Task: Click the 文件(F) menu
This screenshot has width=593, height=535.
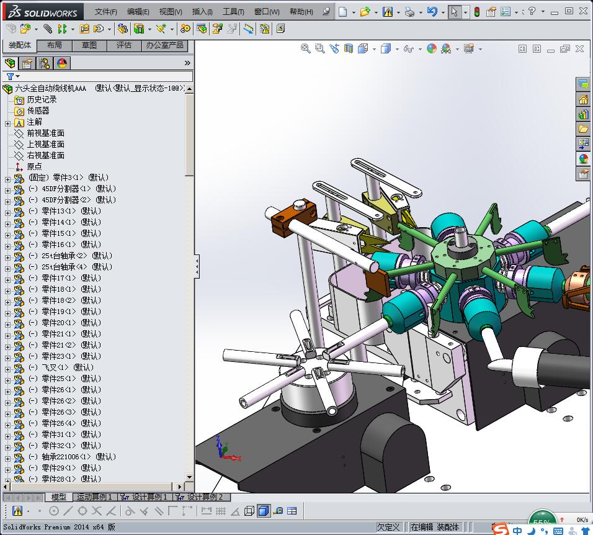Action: pos(105,12)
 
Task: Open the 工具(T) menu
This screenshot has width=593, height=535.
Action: pos(233,12)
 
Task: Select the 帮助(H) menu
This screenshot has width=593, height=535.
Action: pos(301,12)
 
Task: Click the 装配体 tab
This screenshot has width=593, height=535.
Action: pos(20,45)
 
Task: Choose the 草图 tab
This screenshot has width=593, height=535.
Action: pos(89,45)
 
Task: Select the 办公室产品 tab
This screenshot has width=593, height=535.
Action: pos(164,45)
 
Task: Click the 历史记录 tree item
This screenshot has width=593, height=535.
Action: pos(42,99)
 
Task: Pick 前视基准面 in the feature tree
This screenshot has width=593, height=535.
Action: pos(45,133)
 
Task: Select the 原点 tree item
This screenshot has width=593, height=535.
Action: pos(34,166)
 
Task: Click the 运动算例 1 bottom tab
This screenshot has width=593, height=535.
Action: pos(94,497)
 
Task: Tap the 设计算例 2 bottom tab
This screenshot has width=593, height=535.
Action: pos(204,497)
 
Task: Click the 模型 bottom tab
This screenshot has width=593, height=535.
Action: pos(58,497)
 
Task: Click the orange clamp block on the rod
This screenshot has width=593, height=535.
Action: pos(287,220)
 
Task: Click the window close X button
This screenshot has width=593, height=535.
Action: pos(584,11)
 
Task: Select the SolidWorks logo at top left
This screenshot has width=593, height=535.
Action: pos(42,12)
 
